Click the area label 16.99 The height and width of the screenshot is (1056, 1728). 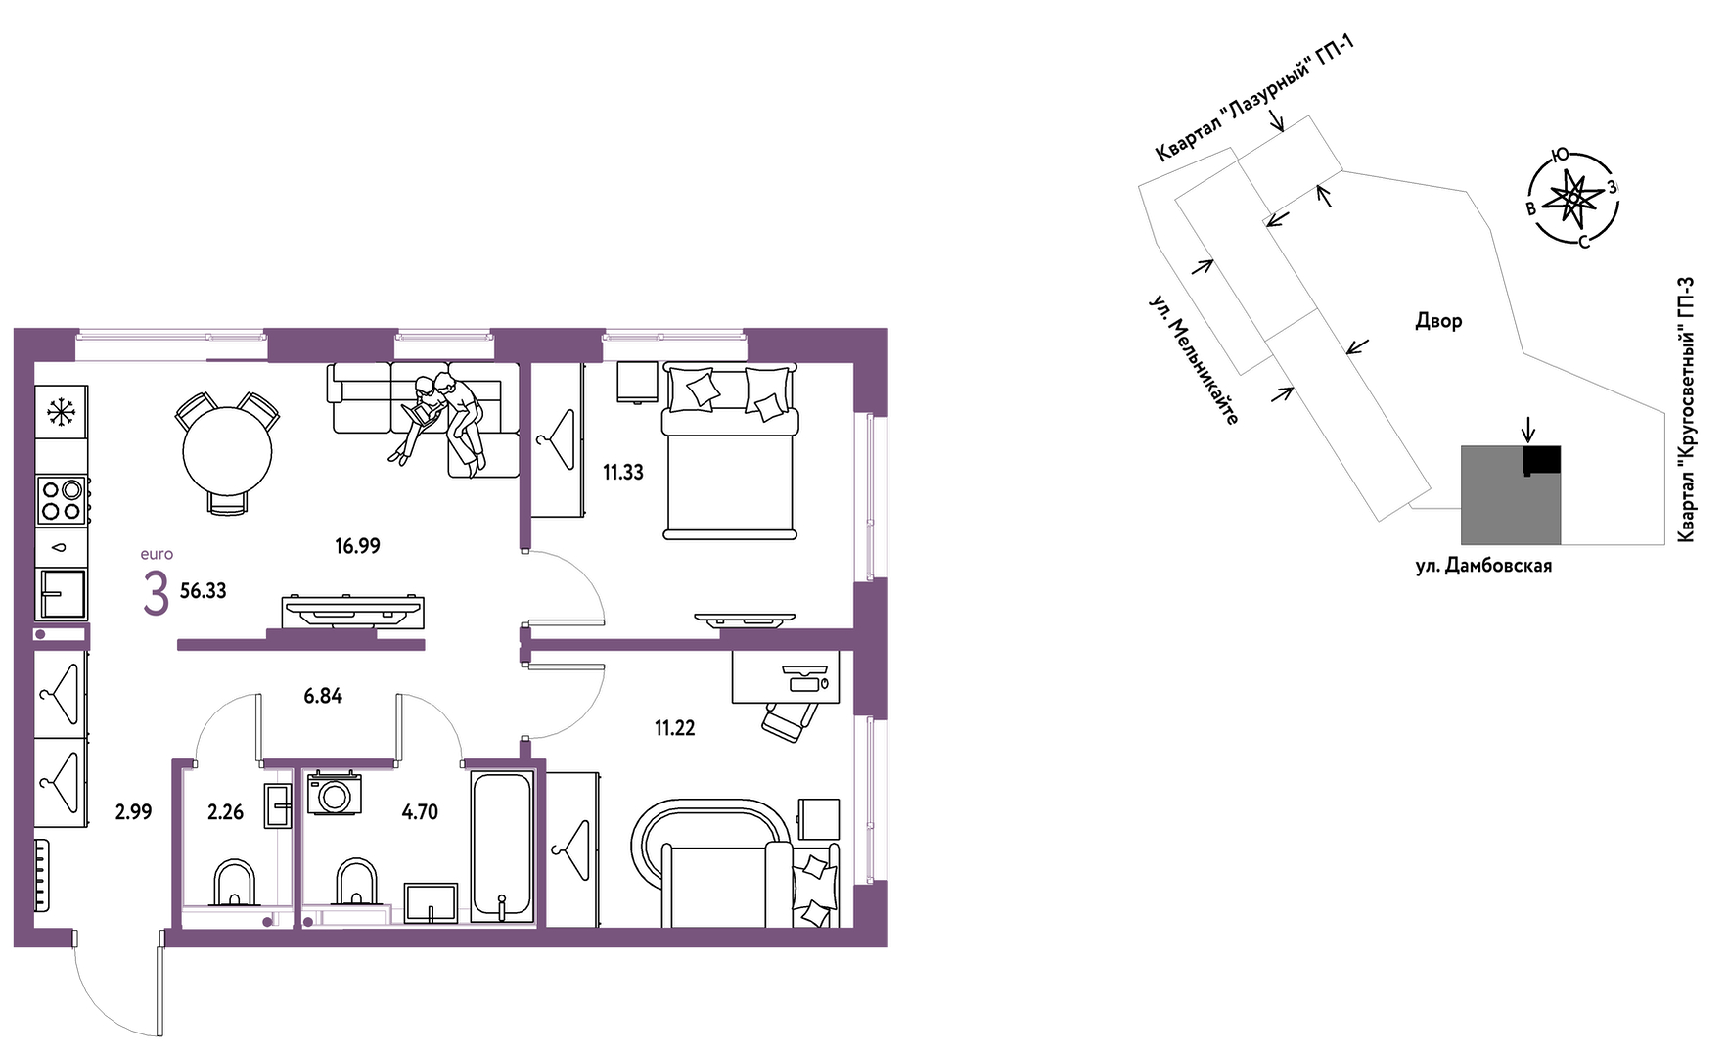point(357,546)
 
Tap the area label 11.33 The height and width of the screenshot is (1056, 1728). point(623,473)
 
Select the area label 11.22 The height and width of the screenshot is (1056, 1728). point(675,728)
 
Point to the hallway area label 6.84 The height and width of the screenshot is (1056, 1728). point(323,696)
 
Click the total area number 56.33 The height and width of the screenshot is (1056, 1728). point(204,591)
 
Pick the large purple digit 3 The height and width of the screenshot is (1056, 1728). point(156,594)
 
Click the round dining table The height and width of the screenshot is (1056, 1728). point(227,451)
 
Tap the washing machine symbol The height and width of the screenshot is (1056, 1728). point(335,794)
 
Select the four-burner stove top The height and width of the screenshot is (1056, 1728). point(61,500)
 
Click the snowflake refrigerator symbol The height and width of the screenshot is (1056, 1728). point(62,412)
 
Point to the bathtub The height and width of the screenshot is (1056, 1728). point(503,847)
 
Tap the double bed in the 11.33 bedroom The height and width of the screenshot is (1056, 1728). point(730,451)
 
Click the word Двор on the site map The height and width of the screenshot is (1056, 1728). point(1438,320)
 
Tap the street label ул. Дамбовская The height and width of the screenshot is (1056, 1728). point(1483,566)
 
